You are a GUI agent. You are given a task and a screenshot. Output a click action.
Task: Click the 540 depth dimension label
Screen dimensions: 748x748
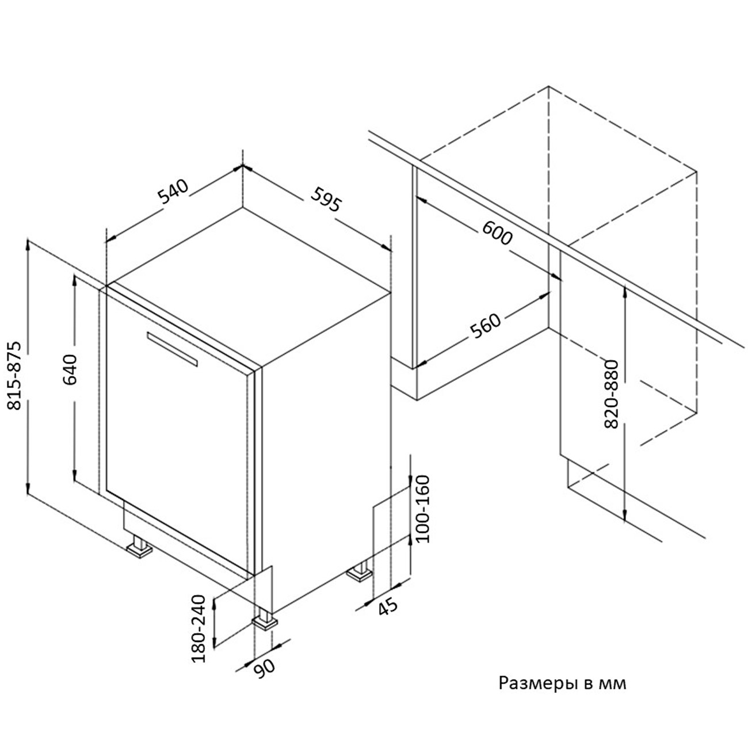(x=173, y=192)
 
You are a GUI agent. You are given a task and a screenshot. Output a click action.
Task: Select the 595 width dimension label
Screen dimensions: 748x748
(x=326, y=199)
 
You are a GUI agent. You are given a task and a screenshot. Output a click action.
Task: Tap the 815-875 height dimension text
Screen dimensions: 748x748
(x=15, y=376)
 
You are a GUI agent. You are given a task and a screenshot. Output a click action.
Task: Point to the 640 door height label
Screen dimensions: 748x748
(x=70, y=369)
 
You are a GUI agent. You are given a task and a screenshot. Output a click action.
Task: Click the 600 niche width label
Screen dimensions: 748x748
(x=497, y=232)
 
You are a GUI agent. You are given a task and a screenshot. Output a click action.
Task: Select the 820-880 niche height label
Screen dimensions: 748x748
(x=612, y=394)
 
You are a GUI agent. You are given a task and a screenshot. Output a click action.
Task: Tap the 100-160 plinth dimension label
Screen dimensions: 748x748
(x=423, y=509)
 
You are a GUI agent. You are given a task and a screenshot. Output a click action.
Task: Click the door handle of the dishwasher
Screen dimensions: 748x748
(x=172, y=349)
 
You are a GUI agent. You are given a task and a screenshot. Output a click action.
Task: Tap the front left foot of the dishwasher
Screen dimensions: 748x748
(x=139, y=546)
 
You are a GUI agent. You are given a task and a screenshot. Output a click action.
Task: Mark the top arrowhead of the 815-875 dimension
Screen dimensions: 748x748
(x=28, y=245)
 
